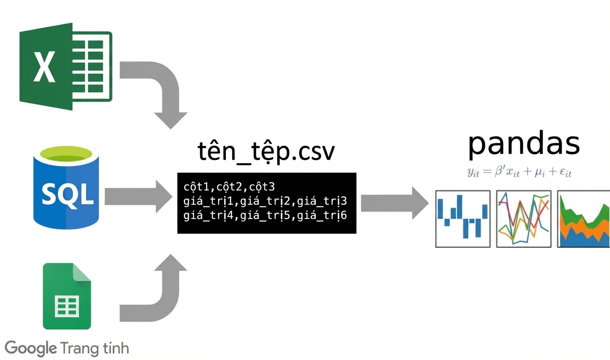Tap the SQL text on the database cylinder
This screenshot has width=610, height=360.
click(x=67, y=195)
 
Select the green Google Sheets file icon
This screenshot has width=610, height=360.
click(x=67, y=296)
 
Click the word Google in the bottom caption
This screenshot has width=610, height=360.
click(x=30, y=349)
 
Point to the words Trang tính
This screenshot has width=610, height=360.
click(x=95, y=348)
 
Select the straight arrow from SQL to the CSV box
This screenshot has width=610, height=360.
click(x=138, y=197)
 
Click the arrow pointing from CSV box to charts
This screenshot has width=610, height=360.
click(x=395, y=203)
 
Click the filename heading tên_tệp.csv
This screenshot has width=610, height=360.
click(x=266, y=152)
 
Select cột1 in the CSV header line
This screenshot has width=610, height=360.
click(x=196, y=187)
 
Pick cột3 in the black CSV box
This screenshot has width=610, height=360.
click(x=262, y=187)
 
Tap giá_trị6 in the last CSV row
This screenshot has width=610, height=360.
click(x=322, y=215)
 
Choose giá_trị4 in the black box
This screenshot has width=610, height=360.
click(x=208, y=215)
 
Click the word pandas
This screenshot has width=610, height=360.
click(x=524, y=145)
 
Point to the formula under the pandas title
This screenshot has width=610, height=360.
click(x=519, y=172)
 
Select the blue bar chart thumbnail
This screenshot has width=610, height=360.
click(x=463, y=219)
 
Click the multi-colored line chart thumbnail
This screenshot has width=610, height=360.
click(x=524, y=219)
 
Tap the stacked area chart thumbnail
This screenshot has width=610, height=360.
click(x=583, y=219)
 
